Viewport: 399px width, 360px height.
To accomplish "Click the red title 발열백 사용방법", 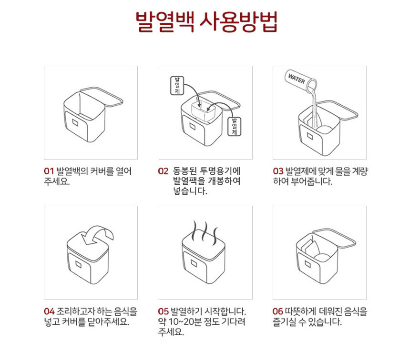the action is (206, 22).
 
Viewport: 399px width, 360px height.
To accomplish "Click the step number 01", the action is (49, 171).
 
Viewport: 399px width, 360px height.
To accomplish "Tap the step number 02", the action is (163, 171).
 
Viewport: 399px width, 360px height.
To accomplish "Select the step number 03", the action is (278, 171).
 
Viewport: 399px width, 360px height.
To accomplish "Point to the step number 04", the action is (49, 311).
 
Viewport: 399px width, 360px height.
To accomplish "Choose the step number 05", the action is (164, 311).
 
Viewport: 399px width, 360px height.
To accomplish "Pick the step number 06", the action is (277, 311).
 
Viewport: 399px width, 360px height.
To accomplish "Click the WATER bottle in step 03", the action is (301, 81).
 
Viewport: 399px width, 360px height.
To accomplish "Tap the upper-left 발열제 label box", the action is (177, 86).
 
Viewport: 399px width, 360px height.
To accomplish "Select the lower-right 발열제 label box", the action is (234, 126).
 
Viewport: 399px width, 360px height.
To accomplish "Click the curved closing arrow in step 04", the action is (97, 234).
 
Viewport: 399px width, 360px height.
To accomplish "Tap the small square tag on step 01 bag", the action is (75, 122).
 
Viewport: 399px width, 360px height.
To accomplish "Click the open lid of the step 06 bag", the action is (334, 238).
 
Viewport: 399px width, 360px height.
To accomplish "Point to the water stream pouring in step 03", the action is (315, 107).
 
